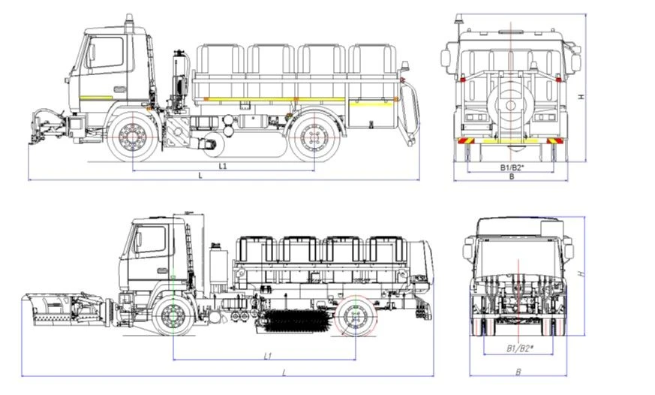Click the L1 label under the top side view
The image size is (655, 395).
click(x=223, y=164)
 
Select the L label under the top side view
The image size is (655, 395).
click(x=200, y=175)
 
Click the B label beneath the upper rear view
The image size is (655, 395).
click(x=511, y=177)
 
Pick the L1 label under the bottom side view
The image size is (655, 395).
click(x=268, y=354)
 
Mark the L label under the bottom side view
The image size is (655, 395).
click(x=284, y=372)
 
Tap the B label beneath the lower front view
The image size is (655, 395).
click(x=518, y=371)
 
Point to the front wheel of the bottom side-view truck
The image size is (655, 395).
click(x=173, y=317)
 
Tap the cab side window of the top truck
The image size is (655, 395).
click(x=106, y=54)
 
